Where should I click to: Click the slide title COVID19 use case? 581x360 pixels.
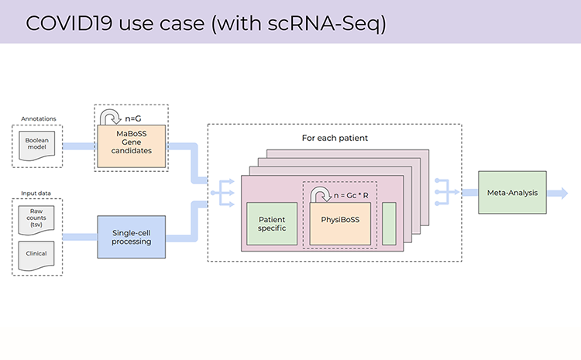206,22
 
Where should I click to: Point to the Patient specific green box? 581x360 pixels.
272,224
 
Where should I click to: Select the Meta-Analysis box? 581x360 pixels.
512,191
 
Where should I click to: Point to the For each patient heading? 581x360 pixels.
334,138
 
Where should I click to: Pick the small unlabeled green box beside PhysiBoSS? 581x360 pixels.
389,224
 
